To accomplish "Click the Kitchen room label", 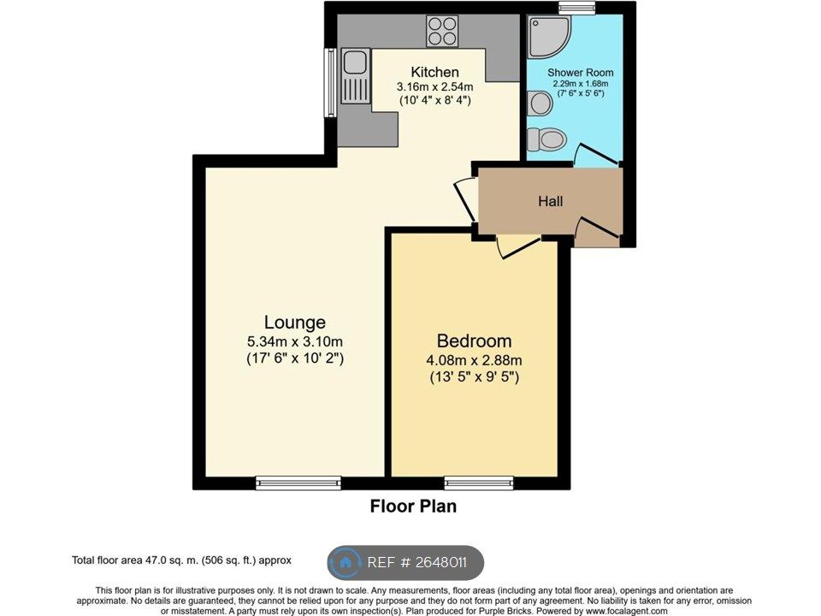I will pyautogui.click(x=434, y=72).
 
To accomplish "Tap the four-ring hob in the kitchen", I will pyautogui.click(x=442, y=31).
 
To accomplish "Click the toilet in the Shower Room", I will pyautogui.click(x=545, y=139).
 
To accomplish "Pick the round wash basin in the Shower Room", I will pyautogui.click(x=540, y=104).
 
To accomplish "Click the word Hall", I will pyautogui.click(x=550, y=202).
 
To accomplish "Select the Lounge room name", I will pyautogui.click(x=294, y=323).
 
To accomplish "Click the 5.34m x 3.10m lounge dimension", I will pyautogui.click(x=294, y=342).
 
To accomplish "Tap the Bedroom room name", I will pyautogui.click(x=474, y=341).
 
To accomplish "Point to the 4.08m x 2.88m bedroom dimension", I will pyautogui.click(x=474, y=360).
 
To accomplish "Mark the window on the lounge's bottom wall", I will pyautogui.click(x=298, y=483).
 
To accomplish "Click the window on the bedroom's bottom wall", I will pyautogui.click(x=479, y=483).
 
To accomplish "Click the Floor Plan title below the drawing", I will pyautogui.click(x=413, y=506).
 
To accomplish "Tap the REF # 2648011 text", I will pyautogui.click(x=417, y=563).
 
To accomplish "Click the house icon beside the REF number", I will pyautogui.click(x=346, y=563).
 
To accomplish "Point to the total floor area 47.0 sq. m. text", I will pyautogui.click(x=181, y=560).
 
